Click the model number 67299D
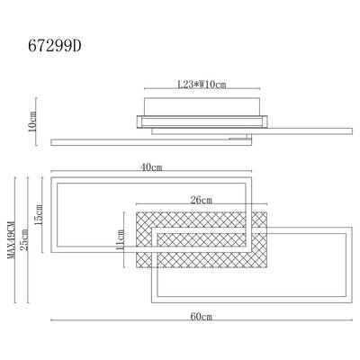coord(55,46)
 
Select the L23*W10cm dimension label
coord(202,85)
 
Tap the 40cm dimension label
coord(151,167)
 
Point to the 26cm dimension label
coord(202,200)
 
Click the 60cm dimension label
coord(202,316)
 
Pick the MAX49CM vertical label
coord(11,240)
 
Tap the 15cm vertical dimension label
coord(39,215)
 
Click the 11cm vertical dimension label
coord(120,240)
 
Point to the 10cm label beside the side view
coord(31,121)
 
